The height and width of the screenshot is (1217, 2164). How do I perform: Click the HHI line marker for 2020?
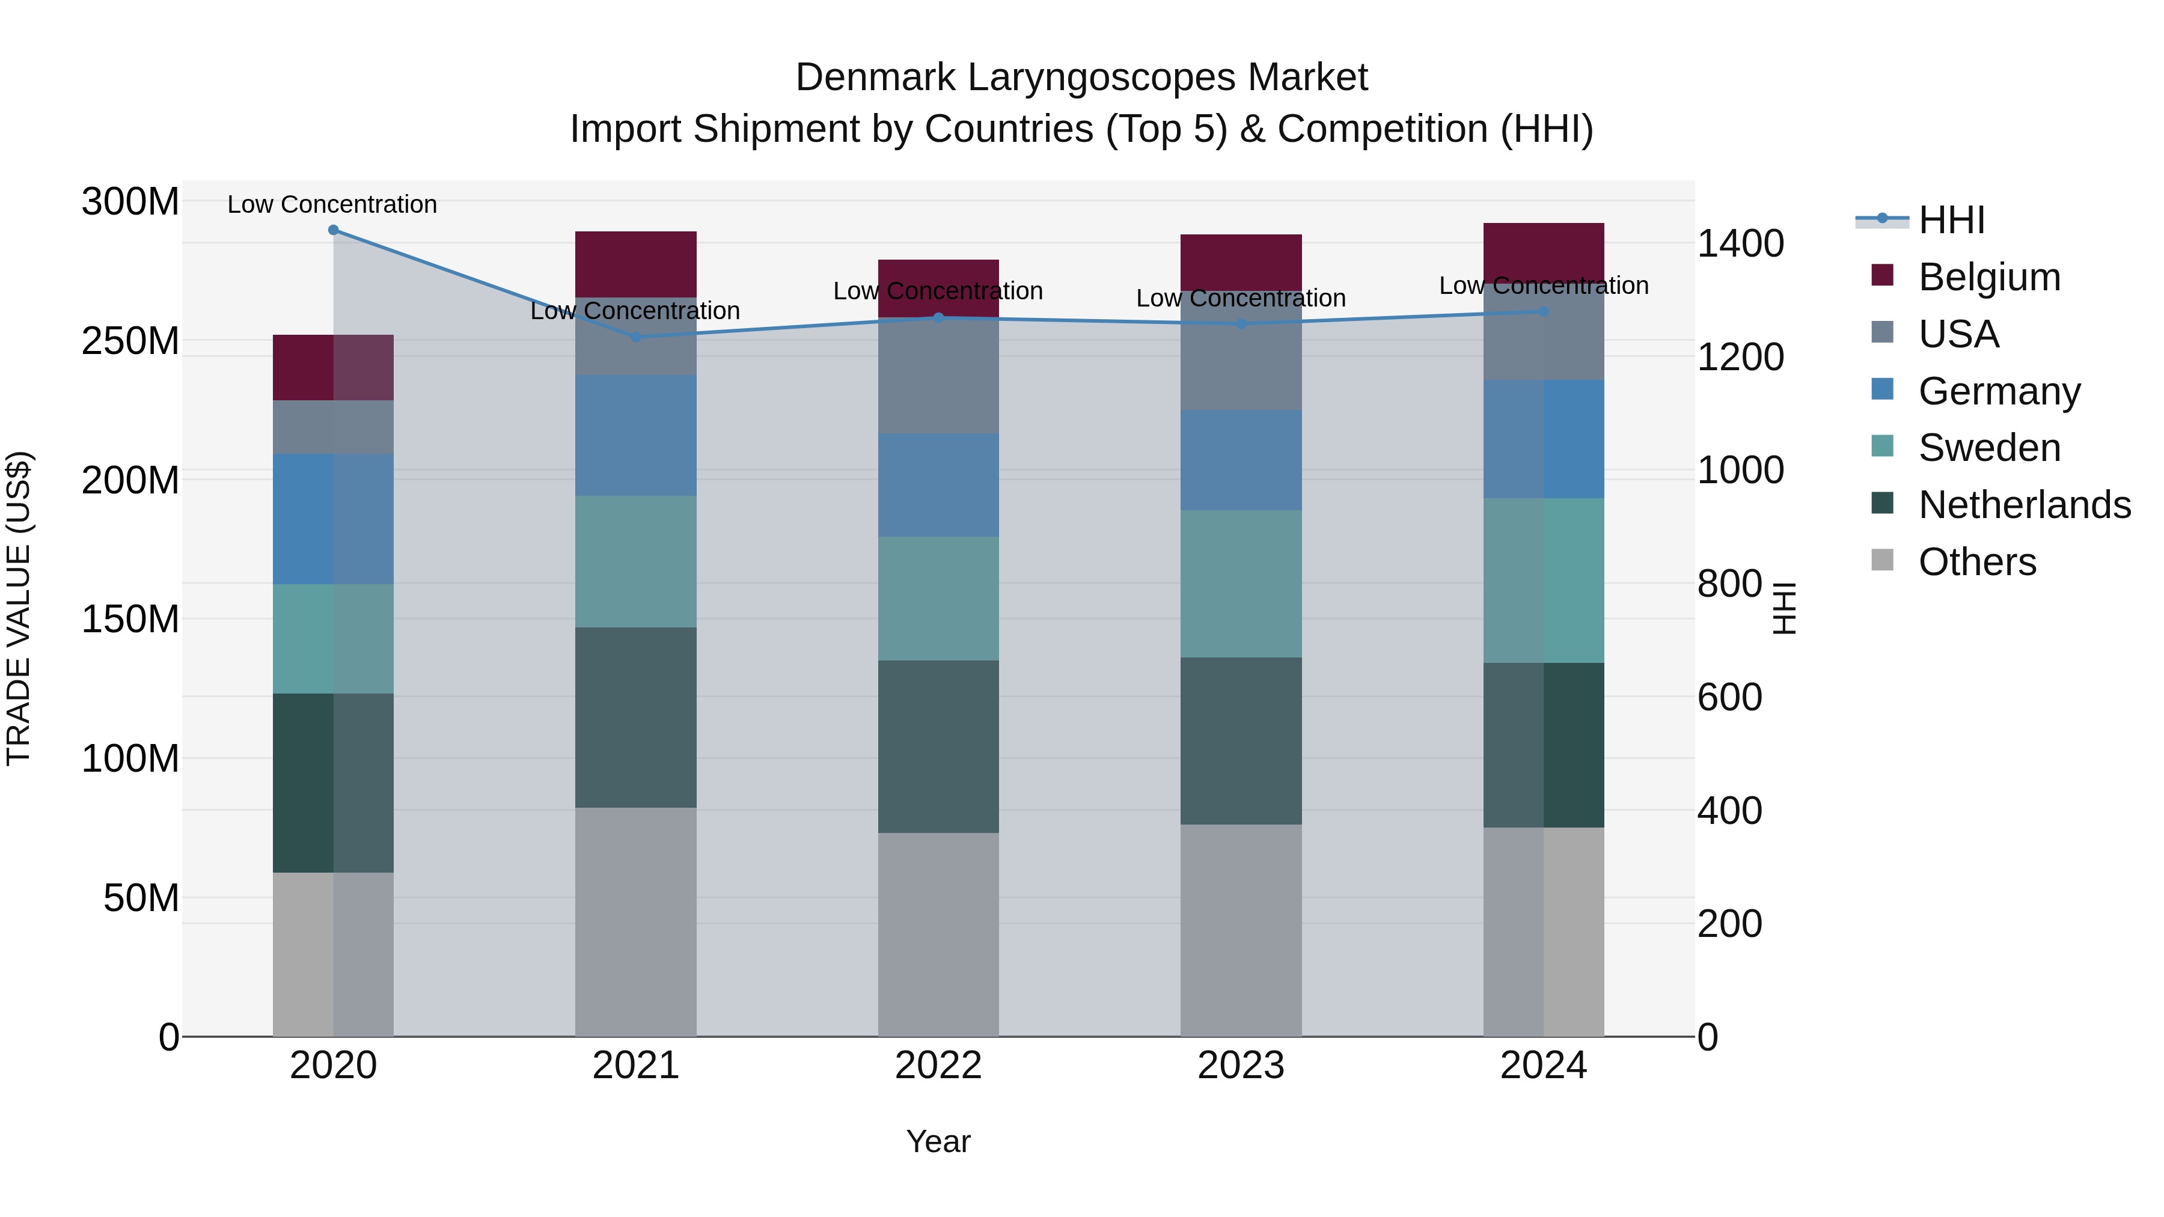334,230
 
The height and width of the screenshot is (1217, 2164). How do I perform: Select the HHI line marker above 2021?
636,337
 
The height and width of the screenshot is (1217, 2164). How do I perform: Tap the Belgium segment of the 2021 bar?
636,264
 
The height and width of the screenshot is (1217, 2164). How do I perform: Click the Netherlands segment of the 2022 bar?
938,746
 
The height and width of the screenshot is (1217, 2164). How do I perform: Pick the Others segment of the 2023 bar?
1241,930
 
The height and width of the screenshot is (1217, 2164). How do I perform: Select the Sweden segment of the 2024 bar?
1543,581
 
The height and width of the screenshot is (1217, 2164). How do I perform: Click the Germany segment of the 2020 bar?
334,519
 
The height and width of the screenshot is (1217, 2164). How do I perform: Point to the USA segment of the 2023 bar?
1241,350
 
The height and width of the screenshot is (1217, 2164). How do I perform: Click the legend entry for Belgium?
1988,277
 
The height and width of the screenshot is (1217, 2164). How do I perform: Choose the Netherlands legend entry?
2024,505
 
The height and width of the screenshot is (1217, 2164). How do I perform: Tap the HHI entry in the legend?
1951,220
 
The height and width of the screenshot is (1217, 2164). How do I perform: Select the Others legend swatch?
1883,560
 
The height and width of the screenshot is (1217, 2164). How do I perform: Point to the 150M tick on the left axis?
130,619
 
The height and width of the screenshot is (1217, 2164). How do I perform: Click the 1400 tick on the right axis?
1740,243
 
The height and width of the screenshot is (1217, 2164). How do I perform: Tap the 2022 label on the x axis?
938,1066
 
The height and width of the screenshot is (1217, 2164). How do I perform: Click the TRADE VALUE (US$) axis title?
19,608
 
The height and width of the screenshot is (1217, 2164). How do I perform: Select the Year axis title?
938,1141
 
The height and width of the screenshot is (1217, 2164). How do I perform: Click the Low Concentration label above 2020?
332,204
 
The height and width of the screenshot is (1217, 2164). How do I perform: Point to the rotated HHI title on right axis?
1784,608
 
